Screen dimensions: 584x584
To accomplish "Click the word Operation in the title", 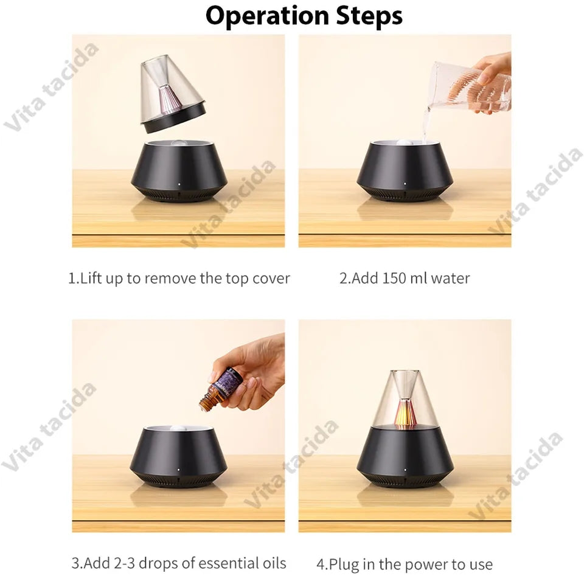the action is (267, 16).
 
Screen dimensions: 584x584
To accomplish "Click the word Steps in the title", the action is (369, 16).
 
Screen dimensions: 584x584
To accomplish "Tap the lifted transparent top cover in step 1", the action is (172, 93).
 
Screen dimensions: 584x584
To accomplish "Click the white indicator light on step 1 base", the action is (179, 184).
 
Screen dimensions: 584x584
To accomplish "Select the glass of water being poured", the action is (470, 88).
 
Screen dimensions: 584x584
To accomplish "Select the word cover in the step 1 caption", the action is (271, 279).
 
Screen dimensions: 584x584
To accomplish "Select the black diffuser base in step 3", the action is (179, 456).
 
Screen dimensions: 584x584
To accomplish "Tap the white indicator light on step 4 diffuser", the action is (405, 470).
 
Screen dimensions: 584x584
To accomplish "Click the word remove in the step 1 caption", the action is (170, 279).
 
